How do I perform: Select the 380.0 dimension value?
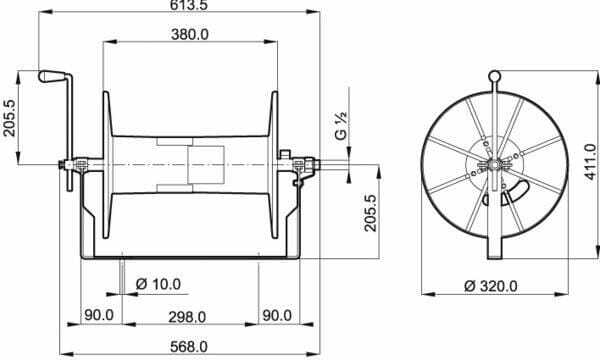pos(190,34)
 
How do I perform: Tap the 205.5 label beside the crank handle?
pos(9,118)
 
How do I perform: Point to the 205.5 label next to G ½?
pos(370,213)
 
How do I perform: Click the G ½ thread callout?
pos(341,125)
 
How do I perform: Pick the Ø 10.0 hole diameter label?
pos(158,284)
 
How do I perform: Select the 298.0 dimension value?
pos(187,317)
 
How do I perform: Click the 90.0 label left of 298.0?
pos(99,315)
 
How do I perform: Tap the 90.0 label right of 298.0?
pos(277,316)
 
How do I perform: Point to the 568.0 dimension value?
pos(189,347)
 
